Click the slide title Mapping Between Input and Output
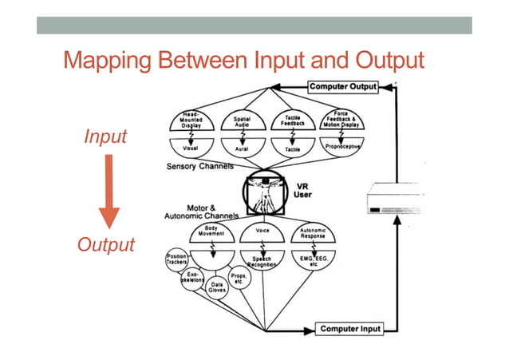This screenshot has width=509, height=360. click(x=243, y=60)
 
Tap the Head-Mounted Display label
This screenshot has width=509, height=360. click(x=191, y=121)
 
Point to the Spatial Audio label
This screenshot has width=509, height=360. click(x=242, y=121)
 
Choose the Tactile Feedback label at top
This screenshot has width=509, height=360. click(x=292, y=121)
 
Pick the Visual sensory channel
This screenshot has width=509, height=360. click(x=191, y=148)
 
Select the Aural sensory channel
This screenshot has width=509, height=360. click(x=242, y=148)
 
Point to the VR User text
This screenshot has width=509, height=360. click(x=301, y=188)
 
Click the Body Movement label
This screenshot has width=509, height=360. click(x=211, y=231)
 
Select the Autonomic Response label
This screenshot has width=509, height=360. click(x=312, y=231)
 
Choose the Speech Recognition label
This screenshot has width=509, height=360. click(x=262, y=262)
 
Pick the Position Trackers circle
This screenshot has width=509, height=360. click(x=176, y=259)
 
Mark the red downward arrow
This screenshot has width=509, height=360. click(x=109, y=192)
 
